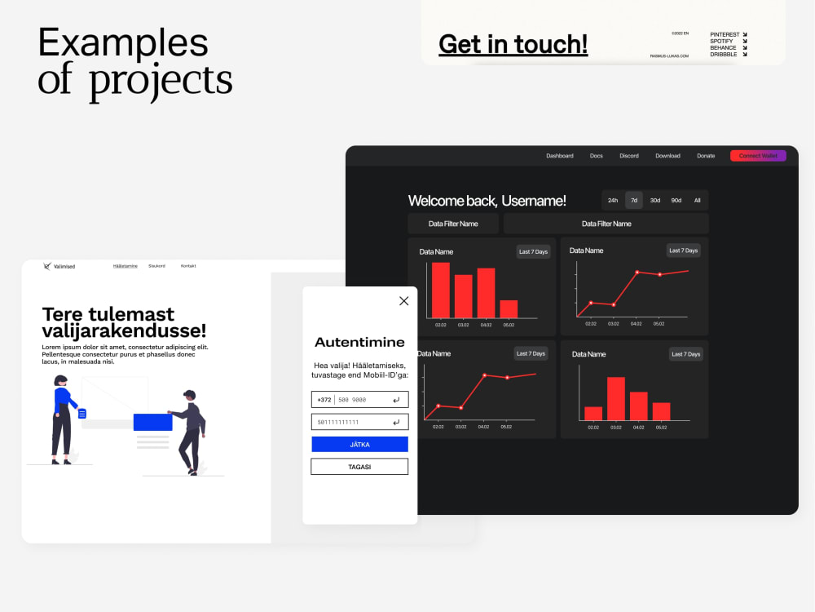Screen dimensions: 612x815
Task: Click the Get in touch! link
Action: tap(513, 44)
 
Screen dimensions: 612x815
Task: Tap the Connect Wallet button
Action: tap(758, 156)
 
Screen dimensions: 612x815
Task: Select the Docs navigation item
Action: tap(597, 156)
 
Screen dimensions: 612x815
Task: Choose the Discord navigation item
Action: tap(629, 156)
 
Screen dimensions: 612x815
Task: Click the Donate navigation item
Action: tap(706, 156)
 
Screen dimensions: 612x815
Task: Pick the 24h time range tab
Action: tap(613, 200)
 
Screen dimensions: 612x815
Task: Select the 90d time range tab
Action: tap(676, 200)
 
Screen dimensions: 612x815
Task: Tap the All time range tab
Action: tap(698, 200)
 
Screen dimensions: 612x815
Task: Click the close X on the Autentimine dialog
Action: tap(403, 301)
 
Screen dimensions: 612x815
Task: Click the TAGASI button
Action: tap(359, 467)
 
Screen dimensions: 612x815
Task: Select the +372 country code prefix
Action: tap(324, 400)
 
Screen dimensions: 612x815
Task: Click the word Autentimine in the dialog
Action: tap(359, 342)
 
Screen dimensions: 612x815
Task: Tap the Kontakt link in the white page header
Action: tap(188, 266)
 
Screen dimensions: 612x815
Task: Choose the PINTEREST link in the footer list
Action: tap(725, 34)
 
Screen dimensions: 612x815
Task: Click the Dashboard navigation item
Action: tap(560, 156)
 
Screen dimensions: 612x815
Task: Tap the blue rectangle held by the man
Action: tap(152, 422)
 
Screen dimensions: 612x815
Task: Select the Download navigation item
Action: tap(667, 156)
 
